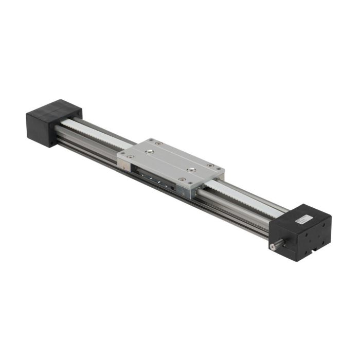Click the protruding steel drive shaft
[277, 245]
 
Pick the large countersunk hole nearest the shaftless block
[149, 152]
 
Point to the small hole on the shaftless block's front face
[51, 137]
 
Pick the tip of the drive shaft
[272, 247]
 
